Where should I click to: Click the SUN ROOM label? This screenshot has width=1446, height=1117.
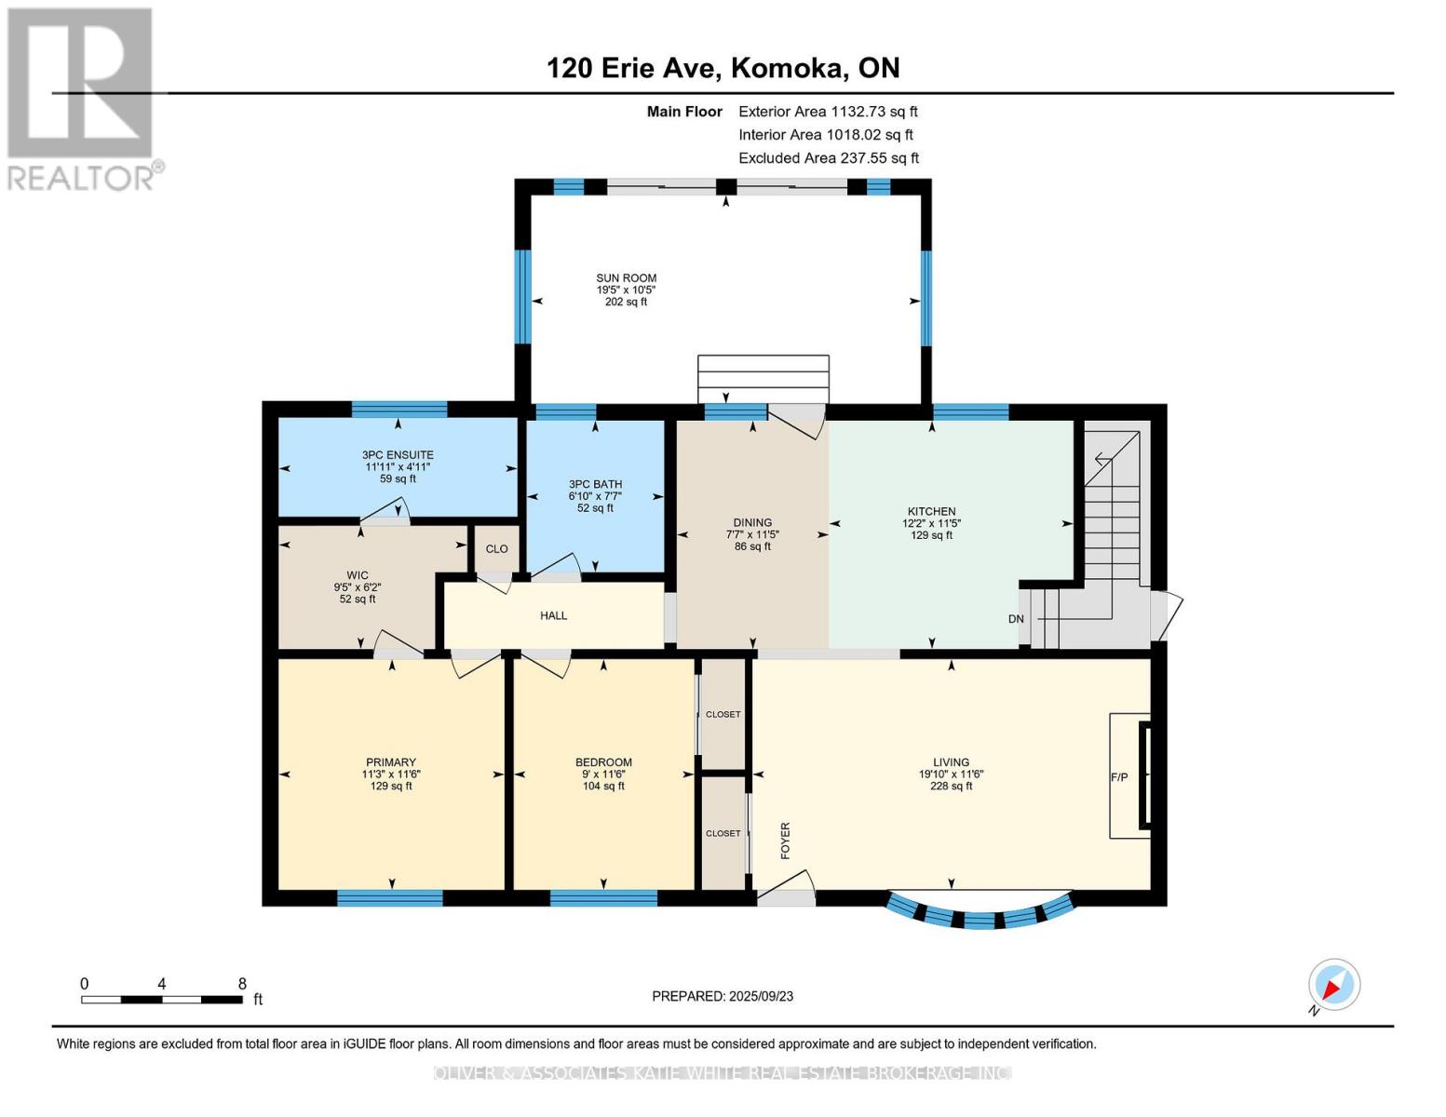click(626, 278)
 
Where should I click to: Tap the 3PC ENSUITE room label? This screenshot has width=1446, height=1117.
click(398, 455)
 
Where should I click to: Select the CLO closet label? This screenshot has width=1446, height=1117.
click(496, 549)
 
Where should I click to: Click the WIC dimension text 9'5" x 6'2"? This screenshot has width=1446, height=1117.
click(358, 587)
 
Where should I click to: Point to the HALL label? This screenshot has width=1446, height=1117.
click(553, 616)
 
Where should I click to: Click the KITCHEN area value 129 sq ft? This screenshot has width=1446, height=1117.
click(931, 535)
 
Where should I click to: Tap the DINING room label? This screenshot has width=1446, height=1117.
click(752, 523)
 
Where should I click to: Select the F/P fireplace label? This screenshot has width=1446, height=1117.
click(1118, 777)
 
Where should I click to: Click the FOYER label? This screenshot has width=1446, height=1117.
click(785, 841)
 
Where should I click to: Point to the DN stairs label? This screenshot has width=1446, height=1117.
click(1016, 619)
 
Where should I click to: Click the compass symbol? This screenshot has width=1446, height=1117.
click(1333, 986)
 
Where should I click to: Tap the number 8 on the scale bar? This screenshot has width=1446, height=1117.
click(242, 983)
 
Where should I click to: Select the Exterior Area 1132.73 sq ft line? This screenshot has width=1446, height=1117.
click(828, 112)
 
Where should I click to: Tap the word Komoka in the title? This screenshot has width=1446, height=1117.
click(789, 68)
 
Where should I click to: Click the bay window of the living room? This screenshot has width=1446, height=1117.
click(980, 915)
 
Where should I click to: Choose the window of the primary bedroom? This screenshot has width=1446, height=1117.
click(390, 898)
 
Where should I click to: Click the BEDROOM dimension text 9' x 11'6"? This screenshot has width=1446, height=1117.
click(603, 774)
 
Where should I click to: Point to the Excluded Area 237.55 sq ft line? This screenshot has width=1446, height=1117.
click(829, 158)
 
